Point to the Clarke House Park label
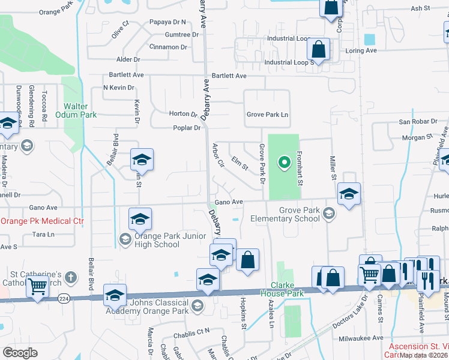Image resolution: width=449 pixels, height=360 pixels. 282,289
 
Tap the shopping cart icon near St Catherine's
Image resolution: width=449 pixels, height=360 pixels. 37,287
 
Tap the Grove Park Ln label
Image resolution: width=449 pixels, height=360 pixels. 267,115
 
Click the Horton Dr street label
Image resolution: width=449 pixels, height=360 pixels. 183,114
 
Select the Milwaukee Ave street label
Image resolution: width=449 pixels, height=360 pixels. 361,338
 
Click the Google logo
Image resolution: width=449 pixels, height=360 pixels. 20,353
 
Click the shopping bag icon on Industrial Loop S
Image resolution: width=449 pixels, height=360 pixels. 319,50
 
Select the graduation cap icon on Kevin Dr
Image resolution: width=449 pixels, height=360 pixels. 142,160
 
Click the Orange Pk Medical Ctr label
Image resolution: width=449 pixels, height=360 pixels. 42,221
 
